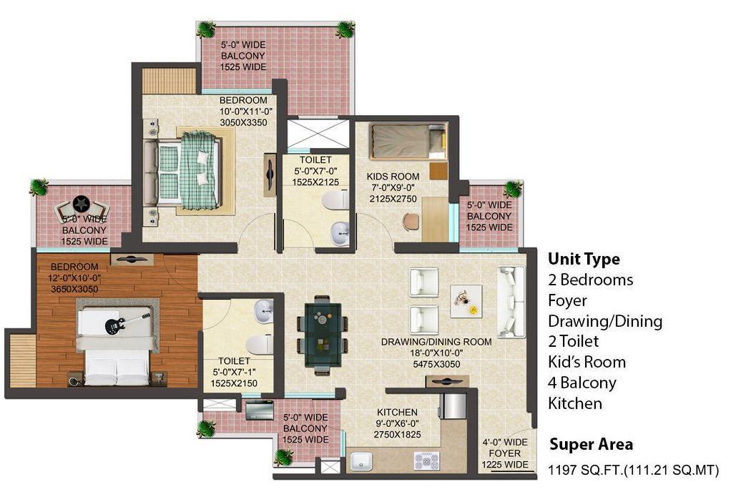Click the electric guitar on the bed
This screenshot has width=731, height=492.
click(123, 323)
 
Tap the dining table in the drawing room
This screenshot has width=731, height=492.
click(323, 335)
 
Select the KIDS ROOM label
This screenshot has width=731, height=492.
click(393, 177)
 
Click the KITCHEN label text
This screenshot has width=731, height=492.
click(397, 413)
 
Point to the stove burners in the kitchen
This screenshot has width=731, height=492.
click(426, 461)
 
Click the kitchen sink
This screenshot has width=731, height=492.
click(360, 462)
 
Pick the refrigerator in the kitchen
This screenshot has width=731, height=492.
click(453, 406)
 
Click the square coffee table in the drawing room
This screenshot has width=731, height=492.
click(466, 301)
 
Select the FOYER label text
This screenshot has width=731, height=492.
click(504, 453)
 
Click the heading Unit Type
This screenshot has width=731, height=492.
click(584, 259)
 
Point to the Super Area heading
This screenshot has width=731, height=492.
click(591, 444)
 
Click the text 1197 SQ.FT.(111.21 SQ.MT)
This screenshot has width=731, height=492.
click(633, 470)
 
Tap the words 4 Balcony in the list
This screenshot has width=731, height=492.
click(582, 383)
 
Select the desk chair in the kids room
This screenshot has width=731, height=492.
click(411, 222)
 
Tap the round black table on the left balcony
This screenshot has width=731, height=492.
click(81, 204)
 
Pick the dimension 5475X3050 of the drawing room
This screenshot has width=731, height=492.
click(436, 364)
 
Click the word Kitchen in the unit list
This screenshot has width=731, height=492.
click(575, 403)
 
